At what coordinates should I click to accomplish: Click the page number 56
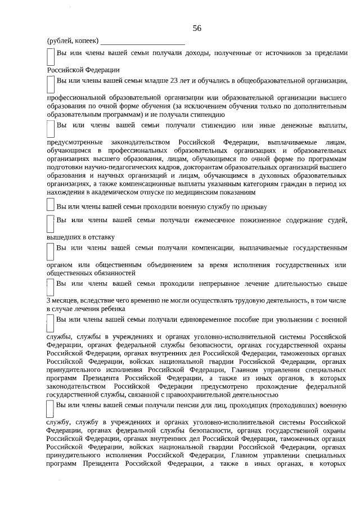coord(196,28)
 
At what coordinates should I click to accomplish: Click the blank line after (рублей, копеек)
coord(143,41)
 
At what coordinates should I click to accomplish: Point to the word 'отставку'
coord(99,237)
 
